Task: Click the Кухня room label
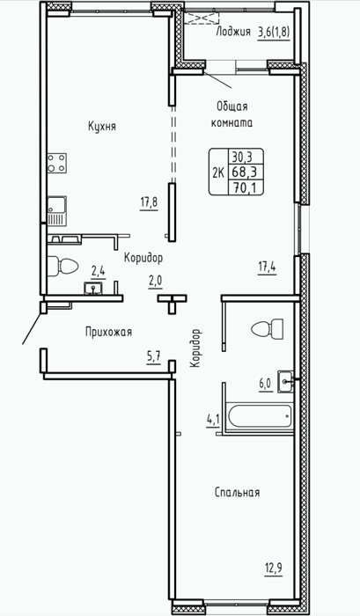[102, 127]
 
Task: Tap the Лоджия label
[233, 33]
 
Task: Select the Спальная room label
[238, 492]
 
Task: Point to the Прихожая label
[108, 332]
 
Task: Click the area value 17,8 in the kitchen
[149, 202]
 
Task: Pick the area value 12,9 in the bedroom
[274, 568]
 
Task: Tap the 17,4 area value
[267, 268]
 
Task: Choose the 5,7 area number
[154, 357]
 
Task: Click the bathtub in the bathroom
[261, 415]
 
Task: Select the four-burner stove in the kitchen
[56, 163]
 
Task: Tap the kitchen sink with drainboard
[56, 211]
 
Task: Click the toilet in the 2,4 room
[62, 267]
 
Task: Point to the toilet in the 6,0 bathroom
[268, 328]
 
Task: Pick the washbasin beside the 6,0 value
[285, 381]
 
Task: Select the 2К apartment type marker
[218, 172]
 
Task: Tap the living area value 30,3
[242, 158]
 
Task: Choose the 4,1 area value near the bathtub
[212, 422]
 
